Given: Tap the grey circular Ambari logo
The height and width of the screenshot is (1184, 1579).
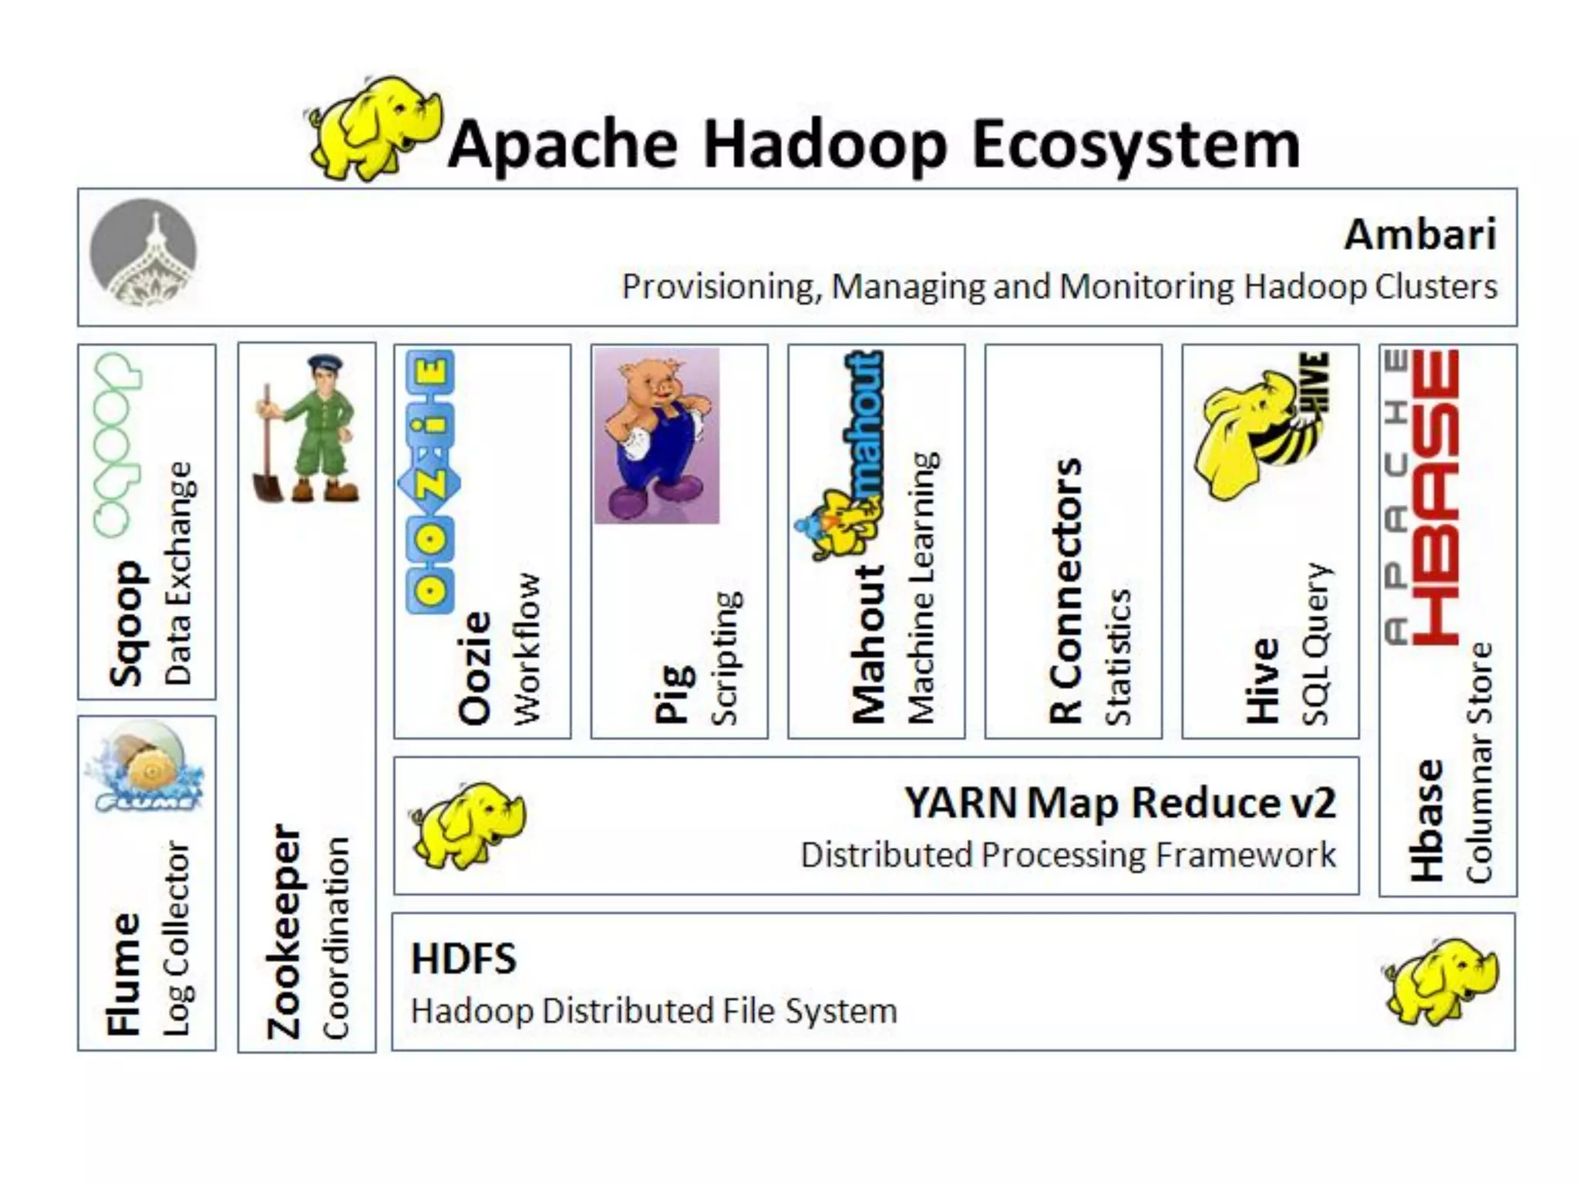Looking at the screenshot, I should click(143, 253).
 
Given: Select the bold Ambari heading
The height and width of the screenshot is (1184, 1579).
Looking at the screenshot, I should click(1419, 234).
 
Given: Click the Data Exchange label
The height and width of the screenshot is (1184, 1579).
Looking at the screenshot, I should click(179, 573).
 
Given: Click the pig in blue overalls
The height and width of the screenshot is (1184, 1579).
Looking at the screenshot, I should click(657, 436).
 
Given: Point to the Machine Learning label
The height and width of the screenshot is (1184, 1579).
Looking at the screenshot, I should click(923, 587).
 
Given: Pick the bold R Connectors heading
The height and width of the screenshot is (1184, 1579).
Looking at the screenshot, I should click(1066, 590).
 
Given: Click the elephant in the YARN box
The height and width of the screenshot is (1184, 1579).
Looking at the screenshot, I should click(467, 824).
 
